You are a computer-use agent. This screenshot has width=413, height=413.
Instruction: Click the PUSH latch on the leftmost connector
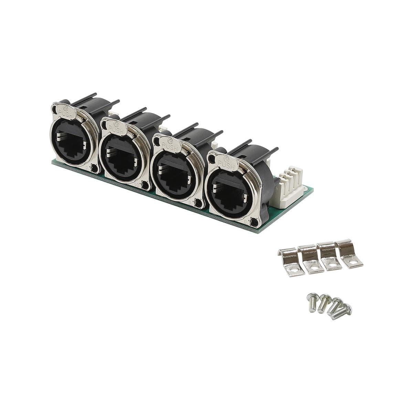coord(65,111)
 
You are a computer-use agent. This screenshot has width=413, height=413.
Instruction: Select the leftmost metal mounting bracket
coord(291,262)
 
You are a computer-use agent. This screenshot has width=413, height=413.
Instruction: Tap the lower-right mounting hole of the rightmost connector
coord(254,224)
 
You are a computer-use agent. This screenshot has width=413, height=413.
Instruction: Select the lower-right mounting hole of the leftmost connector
coord(95,169)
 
